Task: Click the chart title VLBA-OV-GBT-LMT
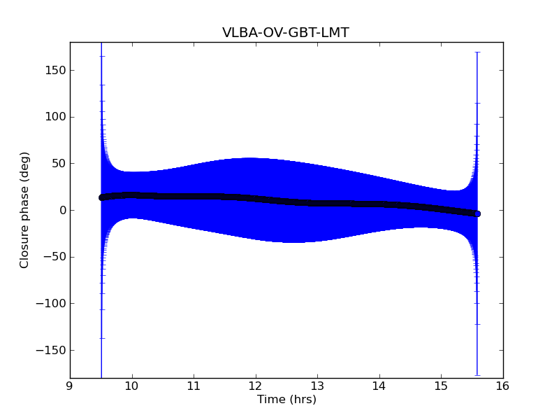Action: point(286,33)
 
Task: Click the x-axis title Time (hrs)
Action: point(286,400)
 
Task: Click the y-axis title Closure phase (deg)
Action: point(25,210)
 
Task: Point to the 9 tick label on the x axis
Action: point(70,386)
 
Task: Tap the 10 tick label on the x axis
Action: point(131,386)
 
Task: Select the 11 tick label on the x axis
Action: point(194,386)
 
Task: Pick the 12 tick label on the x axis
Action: point(255,386)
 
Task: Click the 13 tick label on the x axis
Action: point(317,386)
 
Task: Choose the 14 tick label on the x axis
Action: point(379,386)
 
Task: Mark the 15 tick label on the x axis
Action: point(441,386)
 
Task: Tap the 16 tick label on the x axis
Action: point(503,386)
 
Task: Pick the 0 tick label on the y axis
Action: point(62,211)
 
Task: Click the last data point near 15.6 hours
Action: point(477,213)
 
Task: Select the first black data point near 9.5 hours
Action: point(101,197)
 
